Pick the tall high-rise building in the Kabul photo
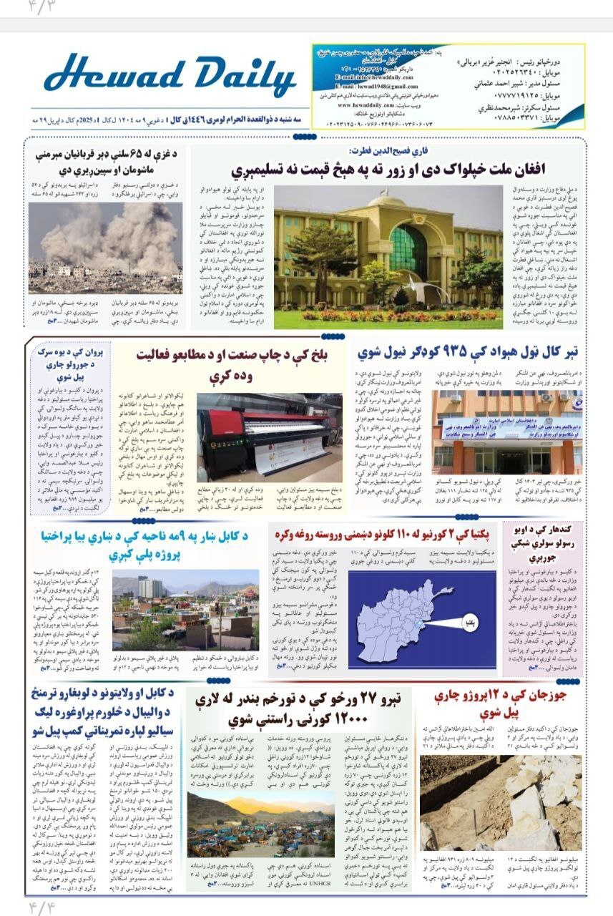pyautogui.click(x=150, y=588)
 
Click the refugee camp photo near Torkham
pyautogui.click(x=260, y=823)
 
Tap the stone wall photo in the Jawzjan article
pyautogui.click(x=500, y=801)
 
